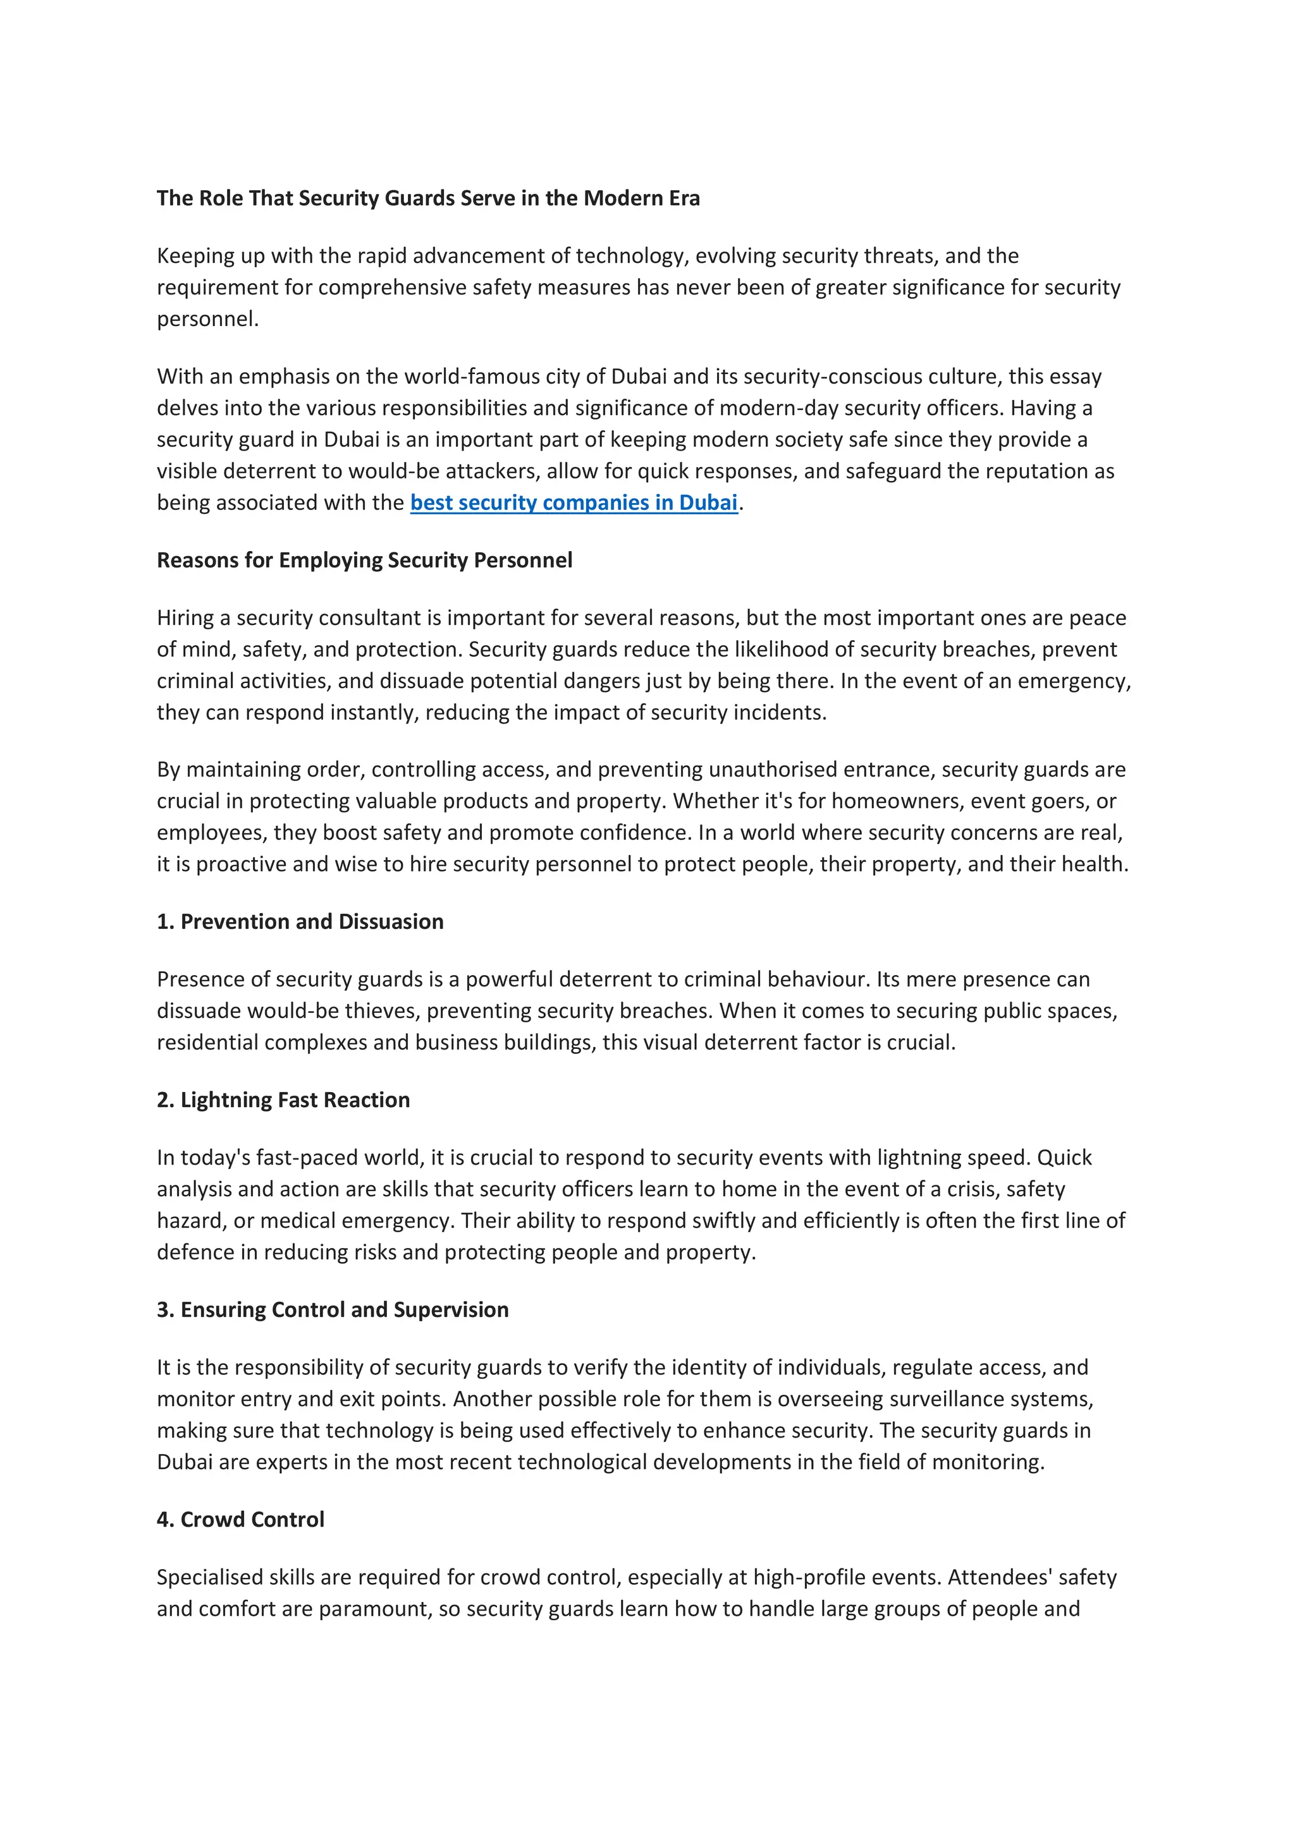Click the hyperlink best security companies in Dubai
574,503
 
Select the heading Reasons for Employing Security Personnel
364,561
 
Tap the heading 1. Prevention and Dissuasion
300,921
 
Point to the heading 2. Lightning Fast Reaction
283,1100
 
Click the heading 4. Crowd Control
240,1519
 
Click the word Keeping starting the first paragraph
195,256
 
